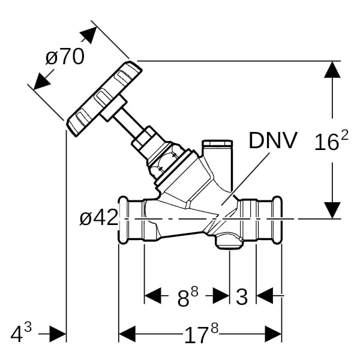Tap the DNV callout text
tap(272, 140)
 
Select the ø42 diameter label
tap(98, 218)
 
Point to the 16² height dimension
tap(331, 142)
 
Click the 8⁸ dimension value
tap(187, 296)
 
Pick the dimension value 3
tap(241, 296)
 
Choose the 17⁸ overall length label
tap(200, 334)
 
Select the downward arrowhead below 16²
tap(332, 210)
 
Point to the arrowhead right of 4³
tap(58, 334)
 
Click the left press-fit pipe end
tap(131, 218)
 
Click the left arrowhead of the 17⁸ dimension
tap(127, 334)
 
